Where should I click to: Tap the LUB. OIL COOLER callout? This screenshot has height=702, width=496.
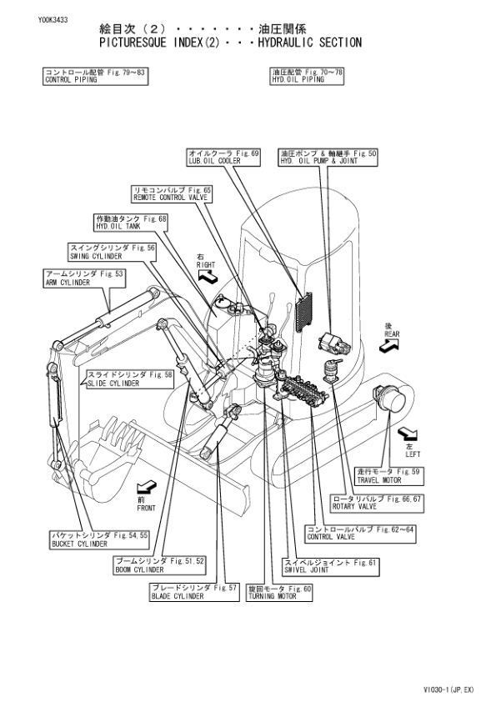click(x=223, y=158)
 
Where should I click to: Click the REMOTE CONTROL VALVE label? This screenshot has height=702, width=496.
click(x=172, y=194)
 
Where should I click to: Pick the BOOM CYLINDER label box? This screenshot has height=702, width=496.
click(x=159, y=565)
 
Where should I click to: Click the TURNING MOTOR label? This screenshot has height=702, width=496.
click(x=280, y=592)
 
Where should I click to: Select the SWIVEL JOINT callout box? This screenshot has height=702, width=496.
click(x=331, y=565)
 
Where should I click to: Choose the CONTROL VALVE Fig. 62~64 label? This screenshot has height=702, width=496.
click(x=360, y=533)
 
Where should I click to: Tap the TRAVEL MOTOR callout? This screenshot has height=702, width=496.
click(x=389, y=476)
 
